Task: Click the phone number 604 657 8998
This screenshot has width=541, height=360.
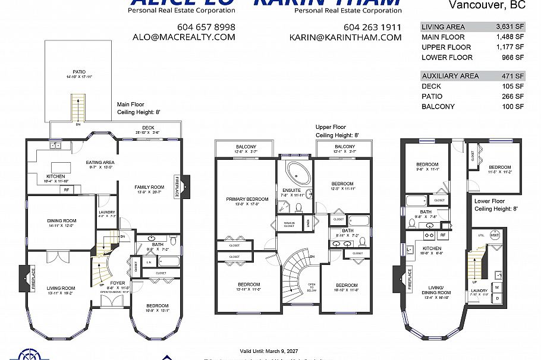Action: pyautogui.click(x=206, y=27)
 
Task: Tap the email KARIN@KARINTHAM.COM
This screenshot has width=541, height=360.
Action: pyautogui.click(x=345, y=37)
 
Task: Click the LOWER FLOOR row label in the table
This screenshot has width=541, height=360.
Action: pyautogui.click(x=446, y=58)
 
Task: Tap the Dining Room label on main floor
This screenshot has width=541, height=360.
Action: pyautogui.click(x=62, y=221)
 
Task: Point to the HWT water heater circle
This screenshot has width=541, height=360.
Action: pyautogui.click(x=495, y=236)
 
